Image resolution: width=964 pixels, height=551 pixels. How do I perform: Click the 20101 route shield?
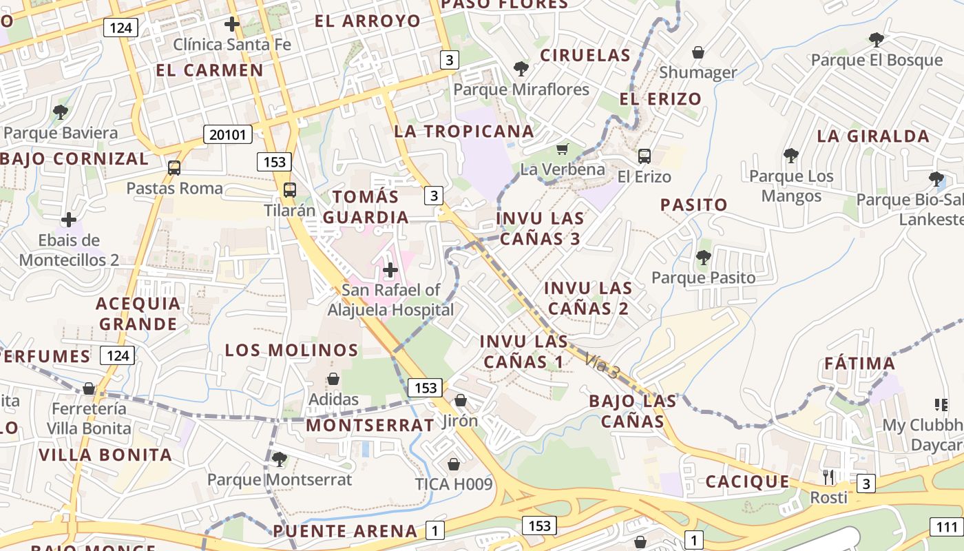(227, 134)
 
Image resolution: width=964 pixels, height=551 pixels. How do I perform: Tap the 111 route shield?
(947, 528)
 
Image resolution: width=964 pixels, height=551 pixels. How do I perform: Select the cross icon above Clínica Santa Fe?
(232, 24)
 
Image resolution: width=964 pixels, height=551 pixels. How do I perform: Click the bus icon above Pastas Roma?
(174, 167)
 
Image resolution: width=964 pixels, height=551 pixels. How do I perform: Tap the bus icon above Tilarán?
(290, 190)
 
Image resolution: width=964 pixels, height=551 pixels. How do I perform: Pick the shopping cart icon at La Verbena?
(563, 149)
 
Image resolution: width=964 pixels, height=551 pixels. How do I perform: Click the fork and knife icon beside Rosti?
(828, 476)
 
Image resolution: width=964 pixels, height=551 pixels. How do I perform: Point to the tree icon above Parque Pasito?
(703, 258)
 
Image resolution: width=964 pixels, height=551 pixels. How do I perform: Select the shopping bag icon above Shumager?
(698, 52)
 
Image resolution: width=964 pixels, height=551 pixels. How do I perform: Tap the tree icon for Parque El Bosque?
(876, 39)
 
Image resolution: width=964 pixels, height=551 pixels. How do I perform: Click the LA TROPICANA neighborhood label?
(464, 132)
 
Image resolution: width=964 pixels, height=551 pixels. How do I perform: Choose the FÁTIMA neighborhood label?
(860, 363)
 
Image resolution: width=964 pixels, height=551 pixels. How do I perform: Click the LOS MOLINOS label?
(291, 350)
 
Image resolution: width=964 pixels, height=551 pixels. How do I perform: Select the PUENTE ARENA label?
(345, 531)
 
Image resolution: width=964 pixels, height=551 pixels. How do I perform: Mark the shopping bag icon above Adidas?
(333, 379)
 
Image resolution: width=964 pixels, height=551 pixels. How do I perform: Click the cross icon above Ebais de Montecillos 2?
(69, 220)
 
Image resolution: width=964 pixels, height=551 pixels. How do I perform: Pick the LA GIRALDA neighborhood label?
(873, 136)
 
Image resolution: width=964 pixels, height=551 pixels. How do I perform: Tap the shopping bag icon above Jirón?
(461, 400)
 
